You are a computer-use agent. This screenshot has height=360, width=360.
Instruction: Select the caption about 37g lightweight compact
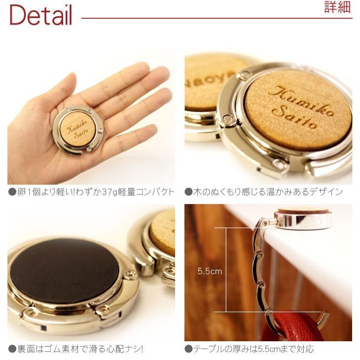91,192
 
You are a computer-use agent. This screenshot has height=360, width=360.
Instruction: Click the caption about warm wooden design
263,192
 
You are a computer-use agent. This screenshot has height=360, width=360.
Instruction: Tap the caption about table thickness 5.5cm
249,349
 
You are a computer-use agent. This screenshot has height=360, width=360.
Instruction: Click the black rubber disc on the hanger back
64,271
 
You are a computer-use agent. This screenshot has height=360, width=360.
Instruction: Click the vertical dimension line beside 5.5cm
226,270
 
